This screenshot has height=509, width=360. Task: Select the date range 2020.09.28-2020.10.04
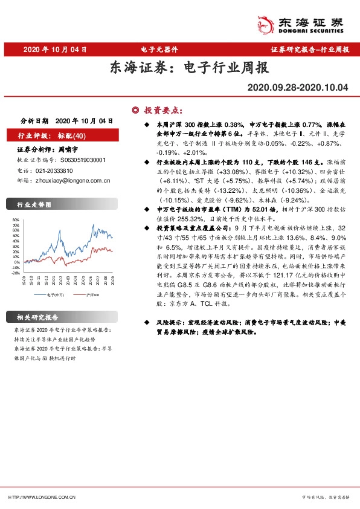click(x=298, y=88)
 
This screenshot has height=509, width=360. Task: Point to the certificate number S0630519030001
click(x=83, y=160)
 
